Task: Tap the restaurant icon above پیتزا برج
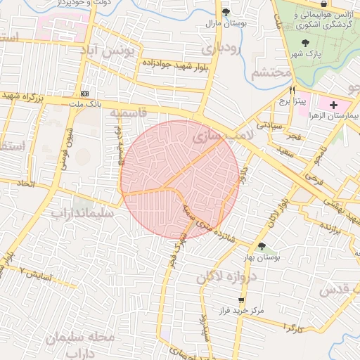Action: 292,91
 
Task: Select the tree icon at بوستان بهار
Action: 262,247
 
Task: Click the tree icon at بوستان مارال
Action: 226,13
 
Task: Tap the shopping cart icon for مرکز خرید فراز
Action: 241,300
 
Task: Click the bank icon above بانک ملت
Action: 85,94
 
